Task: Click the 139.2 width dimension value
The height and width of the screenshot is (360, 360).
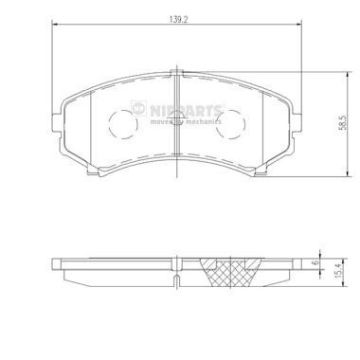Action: [175, 18]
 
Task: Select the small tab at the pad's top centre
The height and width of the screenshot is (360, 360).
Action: [176, 72]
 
